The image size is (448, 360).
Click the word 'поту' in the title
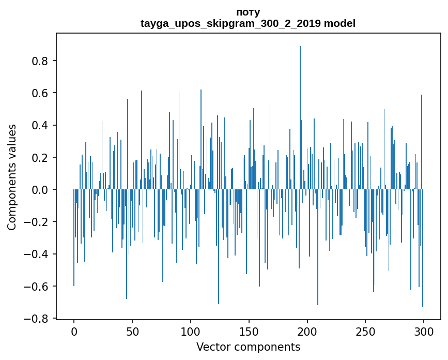(x=248, y=12)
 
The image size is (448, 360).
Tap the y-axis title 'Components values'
(x=12, y=177)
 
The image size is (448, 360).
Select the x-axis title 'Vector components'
(x=248, y=347)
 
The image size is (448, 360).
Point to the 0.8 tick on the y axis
(x=40, y=61)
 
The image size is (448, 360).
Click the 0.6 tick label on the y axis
(x=40, y=93)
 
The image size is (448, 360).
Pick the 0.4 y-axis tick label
(x=40, y=125)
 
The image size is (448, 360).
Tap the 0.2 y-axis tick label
(x=40, y=158)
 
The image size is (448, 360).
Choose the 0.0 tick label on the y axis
(x=40, y=190)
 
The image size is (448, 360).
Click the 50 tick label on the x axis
(x=132, y=331)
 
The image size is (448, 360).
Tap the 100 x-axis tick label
(x=191, y=331)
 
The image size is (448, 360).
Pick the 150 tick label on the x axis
(x=249, y=331)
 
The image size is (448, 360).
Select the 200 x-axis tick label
(x=307, y=331)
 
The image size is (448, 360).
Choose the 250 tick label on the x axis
(x=365, y=331)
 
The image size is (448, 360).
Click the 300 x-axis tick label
(x=424, y=331)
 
